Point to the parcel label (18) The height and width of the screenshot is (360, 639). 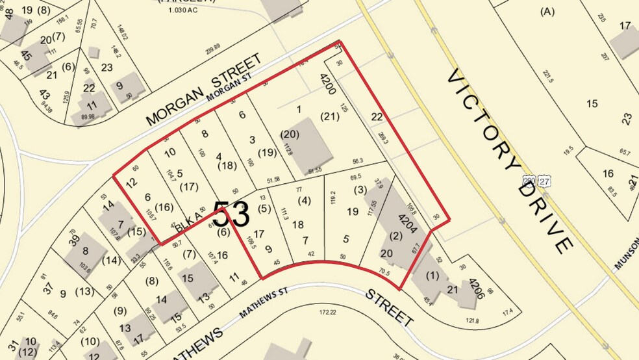click(x=227, y=166)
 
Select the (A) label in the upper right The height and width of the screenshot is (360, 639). click(x=548, y=11)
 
